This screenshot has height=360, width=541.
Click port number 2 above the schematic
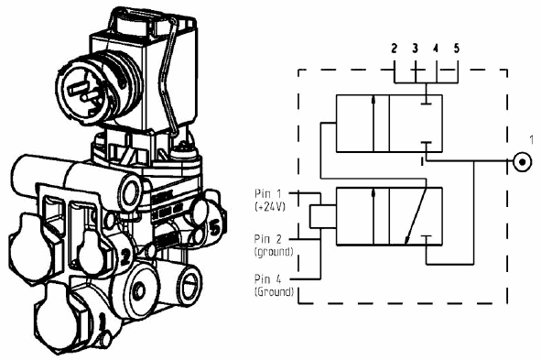click(x=395, y=49)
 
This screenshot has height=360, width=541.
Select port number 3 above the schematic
click(x=415, y=49)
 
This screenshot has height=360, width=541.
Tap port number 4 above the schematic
click(x=436, y=49)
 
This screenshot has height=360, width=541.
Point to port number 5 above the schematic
click(x=457, y=49)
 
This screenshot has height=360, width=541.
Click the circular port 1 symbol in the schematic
click(x=523, y=161)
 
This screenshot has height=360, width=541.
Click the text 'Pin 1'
click(x=267, y=193)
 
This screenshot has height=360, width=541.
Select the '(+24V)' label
click(x=270, y=207)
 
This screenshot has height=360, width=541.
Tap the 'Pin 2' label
click(x=267, y=239)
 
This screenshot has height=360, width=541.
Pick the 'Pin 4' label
click(x=267, y=278)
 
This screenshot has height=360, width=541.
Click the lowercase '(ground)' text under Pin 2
click(x=274, y=252)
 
